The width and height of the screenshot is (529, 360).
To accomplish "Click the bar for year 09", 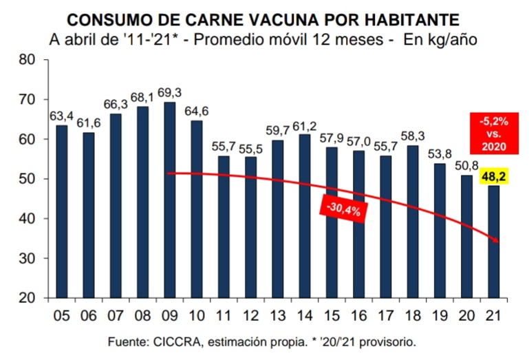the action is pos(170,200).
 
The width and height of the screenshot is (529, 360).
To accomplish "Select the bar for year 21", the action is pos(494,242).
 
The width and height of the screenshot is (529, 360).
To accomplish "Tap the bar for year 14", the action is pos(305,216).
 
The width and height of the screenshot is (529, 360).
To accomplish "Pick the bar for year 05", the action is pos(62,212).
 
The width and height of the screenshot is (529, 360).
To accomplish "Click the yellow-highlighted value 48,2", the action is pos(494,176).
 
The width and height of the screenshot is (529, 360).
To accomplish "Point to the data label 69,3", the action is pos(169,93).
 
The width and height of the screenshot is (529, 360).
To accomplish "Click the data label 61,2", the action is pos(305,126).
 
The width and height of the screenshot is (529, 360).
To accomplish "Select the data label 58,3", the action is pos(413,136).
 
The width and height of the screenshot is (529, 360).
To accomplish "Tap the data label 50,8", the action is pos(466,166).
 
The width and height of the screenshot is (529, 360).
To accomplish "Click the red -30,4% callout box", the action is pos(344,209).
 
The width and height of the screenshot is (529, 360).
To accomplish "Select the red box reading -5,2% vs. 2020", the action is pos(494,134).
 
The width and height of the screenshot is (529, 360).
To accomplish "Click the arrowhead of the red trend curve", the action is pos(496,240).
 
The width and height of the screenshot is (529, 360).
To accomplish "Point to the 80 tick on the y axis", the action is pos(28,60).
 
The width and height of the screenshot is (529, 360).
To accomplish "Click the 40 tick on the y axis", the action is pos(28,218).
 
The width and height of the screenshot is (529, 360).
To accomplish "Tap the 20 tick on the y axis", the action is pos(28,298).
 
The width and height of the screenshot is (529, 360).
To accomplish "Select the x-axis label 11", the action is pos(224,315).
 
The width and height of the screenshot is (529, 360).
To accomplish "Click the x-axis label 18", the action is pos(412,315).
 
